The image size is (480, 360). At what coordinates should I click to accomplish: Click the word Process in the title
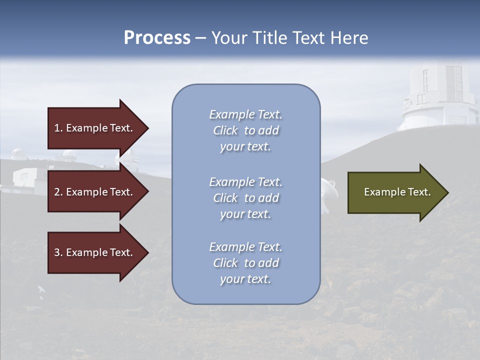click(157, 38)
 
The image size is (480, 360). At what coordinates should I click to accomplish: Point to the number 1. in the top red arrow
click(58, 128)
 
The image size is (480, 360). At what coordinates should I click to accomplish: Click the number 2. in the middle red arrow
click(58, 192)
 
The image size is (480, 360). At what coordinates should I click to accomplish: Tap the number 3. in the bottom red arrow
click(58, 252)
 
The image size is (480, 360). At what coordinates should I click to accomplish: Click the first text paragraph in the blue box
click(245, 130)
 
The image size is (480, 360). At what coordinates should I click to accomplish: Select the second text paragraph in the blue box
click(245, 198)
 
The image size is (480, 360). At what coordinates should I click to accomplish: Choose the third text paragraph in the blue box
click(245, 263)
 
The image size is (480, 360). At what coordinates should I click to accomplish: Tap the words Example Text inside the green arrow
click(397, 192)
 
